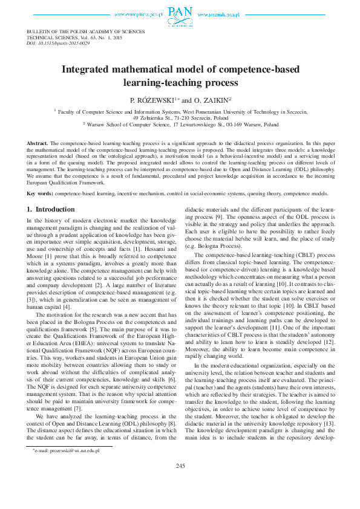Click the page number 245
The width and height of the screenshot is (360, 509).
point(180,482)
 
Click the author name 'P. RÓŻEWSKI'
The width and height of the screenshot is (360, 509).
point(152,100)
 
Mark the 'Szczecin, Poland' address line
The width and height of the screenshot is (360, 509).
point(180,117)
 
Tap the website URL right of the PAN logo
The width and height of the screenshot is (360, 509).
point(220,13)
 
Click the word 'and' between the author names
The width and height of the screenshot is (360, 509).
point(187,100)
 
